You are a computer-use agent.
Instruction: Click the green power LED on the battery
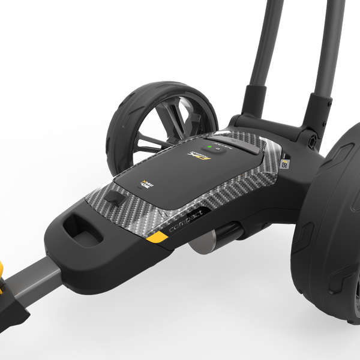[208, 146]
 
